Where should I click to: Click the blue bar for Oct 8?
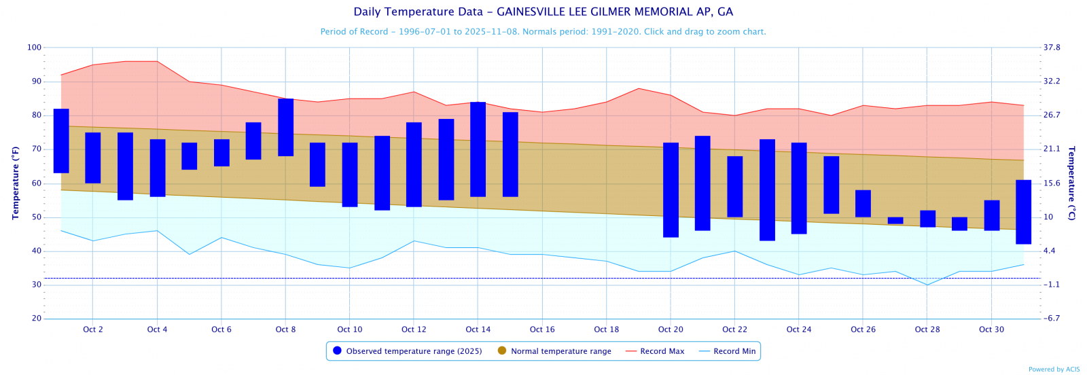pos(285,127)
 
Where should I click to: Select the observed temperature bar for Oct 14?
pos(478,149)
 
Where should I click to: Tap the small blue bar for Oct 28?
pos(927,218)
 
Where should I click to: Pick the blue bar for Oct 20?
pos(671,190)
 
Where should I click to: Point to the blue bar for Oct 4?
pos(158,168)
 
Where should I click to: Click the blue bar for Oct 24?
pos(799,188)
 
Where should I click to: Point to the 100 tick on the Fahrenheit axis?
pos(34,48)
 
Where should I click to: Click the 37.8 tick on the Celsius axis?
pos(1052,48)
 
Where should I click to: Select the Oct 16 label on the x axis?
pos(542,329)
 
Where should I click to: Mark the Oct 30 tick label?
pos(991,329)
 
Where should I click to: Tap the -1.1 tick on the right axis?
pos(1052,285)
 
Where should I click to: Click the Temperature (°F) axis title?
pos(15,183)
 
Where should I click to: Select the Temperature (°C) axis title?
pos(1071,183)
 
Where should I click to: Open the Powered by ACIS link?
pos(1054,370)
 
